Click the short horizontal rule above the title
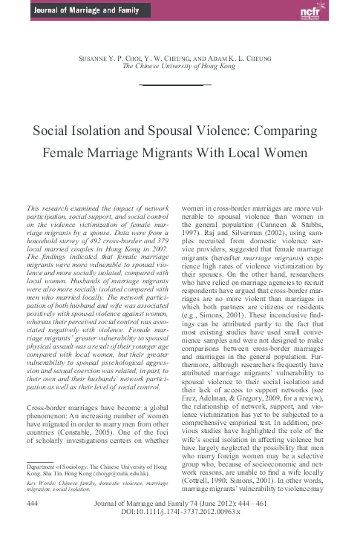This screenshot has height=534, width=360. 180,87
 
